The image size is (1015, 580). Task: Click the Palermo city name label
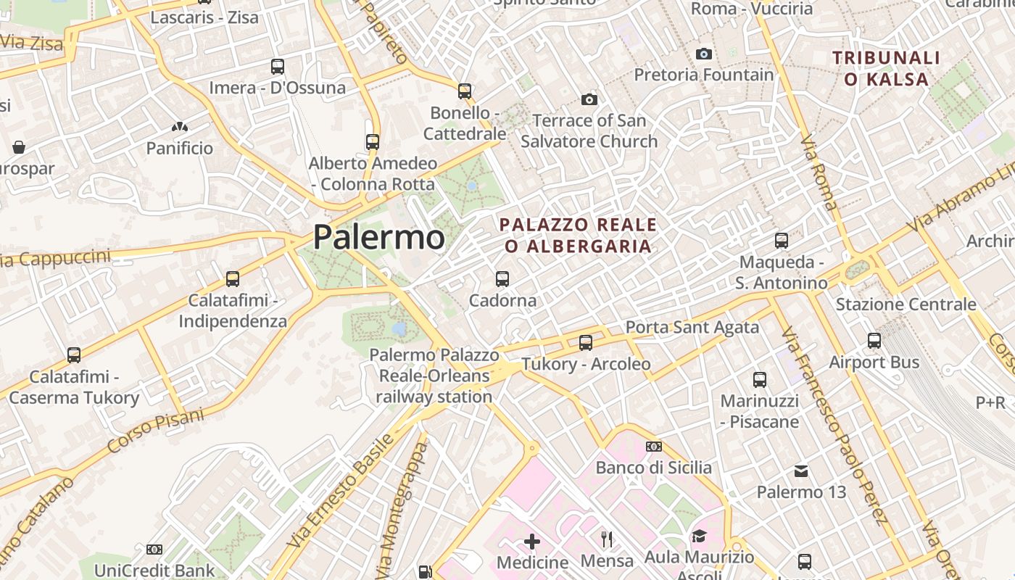click(x=378, y=238)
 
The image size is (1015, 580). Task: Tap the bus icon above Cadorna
click(x=502, y=278)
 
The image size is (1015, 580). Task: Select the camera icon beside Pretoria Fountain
click(x=703, y=54)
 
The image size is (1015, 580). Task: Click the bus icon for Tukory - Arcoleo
click(x=586, y=342)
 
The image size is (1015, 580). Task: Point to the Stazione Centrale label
click(x=906, y=304)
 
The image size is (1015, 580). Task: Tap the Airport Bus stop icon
click(x=874, y=340)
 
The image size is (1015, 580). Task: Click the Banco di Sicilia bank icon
click(x=654, y=447)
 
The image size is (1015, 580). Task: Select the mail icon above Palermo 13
click(x=801, y=471)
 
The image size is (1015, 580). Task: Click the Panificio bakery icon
click(x=180, y=127)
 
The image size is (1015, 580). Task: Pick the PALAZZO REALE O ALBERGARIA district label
click(x=579, y=236)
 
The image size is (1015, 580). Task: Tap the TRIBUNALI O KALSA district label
click(x=886, y=68)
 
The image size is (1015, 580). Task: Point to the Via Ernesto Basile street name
click(x=341, y=491)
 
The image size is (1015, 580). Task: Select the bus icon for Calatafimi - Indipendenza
click(x=233, y=278)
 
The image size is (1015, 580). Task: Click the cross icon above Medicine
click(x=532, y=541)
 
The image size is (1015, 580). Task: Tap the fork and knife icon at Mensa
click(x=607, y=539)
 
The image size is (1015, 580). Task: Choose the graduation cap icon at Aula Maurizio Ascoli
click(x=699, y=536)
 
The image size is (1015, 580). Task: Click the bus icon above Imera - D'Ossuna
click(x=278, y=67)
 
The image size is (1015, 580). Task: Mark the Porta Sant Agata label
click(x=692, y=328)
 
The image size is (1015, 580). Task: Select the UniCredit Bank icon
click(x=154, y=550)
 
